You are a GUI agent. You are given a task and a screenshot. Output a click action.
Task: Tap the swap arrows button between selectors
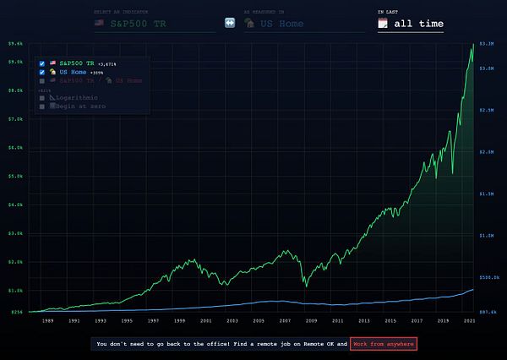click(229, 24)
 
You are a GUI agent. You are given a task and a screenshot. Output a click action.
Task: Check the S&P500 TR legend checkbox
click(41, 63)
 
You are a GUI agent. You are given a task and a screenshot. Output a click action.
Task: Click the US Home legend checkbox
click(41, 72)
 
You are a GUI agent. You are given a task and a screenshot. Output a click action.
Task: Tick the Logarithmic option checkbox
click(41, 98)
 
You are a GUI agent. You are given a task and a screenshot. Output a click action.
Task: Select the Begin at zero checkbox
click(41, 106)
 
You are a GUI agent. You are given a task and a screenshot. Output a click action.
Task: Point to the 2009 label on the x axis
click(312, 321)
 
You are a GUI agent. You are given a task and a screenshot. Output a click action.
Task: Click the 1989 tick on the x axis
click(48, 321)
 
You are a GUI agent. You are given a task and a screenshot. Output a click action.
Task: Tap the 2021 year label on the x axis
click(469, 321)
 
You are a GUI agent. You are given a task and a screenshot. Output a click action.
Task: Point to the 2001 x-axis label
click(206, 321)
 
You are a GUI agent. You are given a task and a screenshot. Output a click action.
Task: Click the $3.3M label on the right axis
click(487, 42)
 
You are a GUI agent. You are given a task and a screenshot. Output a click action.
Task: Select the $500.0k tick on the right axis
click(489, 276)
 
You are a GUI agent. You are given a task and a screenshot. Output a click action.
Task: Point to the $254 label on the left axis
click(16, 312)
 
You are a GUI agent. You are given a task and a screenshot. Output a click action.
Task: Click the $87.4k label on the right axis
click(488, 312)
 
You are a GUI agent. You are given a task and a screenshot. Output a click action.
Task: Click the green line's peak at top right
click(472, 44)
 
